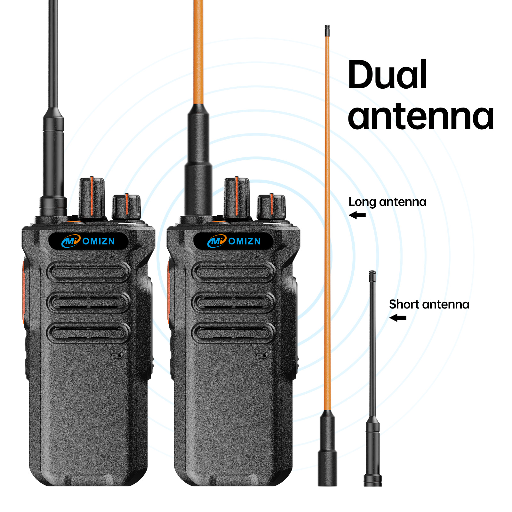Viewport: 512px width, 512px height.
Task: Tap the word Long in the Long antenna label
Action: pyautogui.click(x=362, y=202)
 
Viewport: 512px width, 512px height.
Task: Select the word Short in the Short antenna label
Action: pyautogui.click(x=404, y=304)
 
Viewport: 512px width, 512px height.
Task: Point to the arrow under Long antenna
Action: pyautogui.click(x=357, y=215)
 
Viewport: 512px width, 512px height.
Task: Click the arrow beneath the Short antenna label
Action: pyautogui.click(x=398, y=318)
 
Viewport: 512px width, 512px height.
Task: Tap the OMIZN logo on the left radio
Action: pyautogui.click(x=88, y=241)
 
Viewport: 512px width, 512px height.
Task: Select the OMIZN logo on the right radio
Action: pyautogui.click(x=234, y=241)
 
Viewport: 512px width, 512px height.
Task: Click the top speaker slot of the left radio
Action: pyautogui.click(x=88, y=272)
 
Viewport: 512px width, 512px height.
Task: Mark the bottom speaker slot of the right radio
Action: pyautogui.click(x=233, y=333)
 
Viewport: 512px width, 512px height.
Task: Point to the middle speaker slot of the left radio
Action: pyautogui.click(x=88, y=303)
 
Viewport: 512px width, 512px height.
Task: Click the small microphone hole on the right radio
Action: pyautogui.click(x=262, y=356)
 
